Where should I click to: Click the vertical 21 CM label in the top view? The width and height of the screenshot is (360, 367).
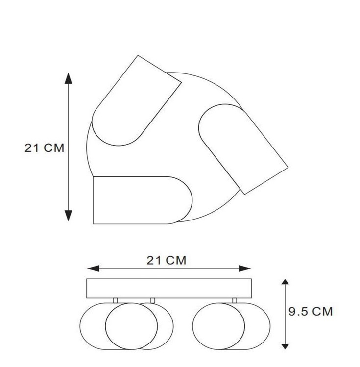44,148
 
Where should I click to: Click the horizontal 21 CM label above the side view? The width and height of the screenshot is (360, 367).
167,260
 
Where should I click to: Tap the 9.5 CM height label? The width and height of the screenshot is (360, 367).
311,311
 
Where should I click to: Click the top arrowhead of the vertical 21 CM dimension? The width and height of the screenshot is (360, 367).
68,78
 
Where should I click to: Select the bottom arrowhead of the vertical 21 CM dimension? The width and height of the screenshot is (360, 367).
68,216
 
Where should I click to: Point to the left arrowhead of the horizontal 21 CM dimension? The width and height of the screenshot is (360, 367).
93,269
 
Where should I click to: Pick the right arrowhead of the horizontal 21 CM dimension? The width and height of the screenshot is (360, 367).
245,269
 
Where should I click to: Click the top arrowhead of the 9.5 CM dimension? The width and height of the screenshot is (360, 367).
285,282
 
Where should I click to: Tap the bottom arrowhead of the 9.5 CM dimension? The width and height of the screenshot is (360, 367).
285,346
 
